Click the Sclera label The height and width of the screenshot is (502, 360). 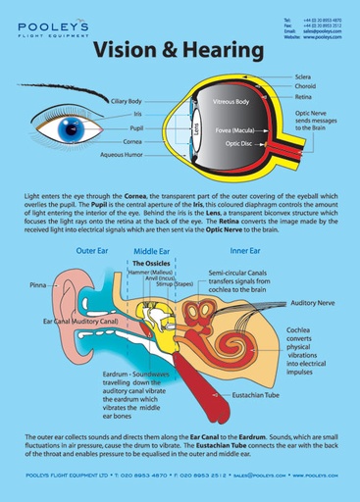[303, 75]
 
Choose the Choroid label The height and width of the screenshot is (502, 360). [306, 85]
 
